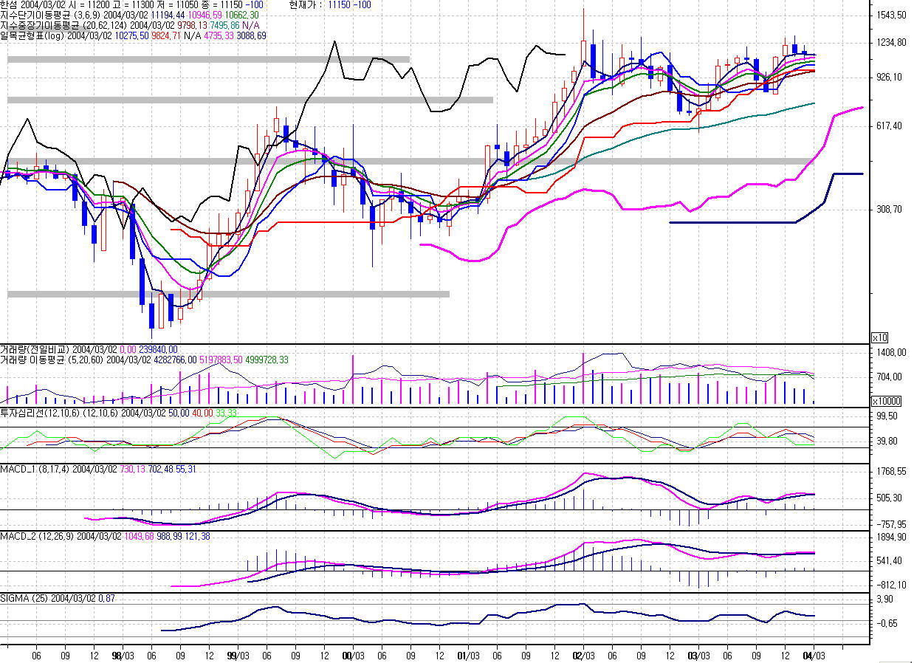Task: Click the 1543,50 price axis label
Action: pos(891,16)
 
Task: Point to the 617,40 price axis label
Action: pos(889,126)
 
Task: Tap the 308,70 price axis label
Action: pos(889,209)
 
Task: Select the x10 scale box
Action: pos(880,338)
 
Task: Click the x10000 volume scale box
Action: pos(886,401)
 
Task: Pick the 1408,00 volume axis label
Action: pos(891,352)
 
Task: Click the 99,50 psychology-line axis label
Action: pos(887,416)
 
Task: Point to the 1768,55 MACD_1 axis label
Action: pos(891,472)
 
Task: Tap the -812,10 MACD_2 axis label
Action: pos(891,585)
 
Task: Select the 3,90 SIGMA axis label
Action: pos(884,600)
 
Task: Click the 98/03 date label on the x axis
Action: pos(123,656)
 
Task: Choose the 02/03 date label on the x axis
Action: pos(583,656)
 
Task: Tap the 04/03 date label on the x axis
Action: pos(814,656)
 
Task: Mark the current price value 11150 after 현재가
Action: pos(338,5)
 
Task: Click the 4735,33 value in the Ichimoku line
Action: pos(219,36)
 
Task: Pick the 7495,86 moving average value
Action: pos(224,26)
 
